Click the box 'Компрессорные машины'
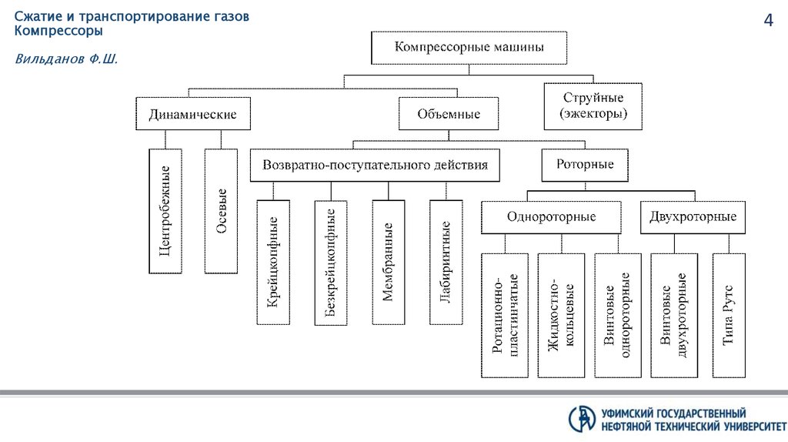coord(469,47)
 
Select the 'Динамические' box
coord(192,115)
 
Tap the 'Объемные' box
coord(449,114)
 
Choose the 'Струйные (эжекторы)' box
coord(593,106)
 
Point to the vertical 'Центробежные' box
coord(165,211)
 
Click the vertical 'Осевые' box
coord(222,211)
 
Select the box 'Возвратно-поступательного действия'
coord(375,165)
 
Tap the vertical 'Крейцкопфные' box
coord(273,263)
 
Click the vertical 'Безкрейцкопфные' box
coord(331,263)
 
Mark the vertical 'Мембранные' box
coord(389,263)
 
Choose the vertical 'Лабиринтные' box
coord(446,263)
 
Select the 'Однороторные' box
coord(551,217)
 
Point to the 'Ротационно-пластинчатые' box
coord(504,315)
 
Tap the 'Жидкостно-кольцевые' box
coord(561,315)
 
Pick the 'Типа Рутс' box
coord(729,315)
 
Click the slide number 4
coord(767,21)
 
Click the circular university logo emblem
coord(583,418)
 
